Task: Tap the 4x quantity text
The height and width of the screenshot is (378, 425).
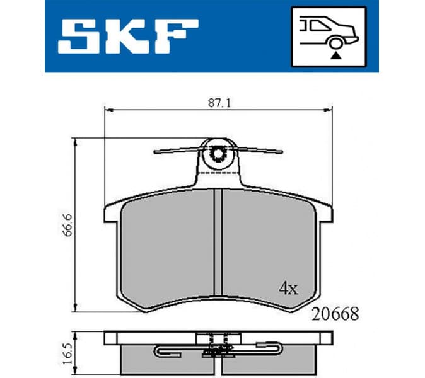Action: pos(288,289)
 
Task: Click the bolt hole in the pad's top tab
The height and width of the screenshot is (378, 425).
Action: pos(219,152)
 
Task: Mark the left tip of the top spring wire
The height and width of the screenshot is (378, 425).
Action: pos(155,151)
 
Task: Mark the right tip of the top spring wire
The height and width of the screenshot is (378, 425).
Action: pos(281,151)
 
